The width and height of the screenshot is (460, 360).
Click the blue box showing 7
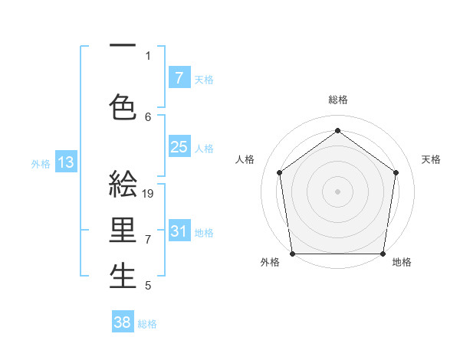(179, 77)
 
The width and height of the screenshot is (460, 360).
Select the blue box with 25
(179, 147)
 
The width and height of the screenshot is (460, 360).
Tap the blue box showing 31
(179, 231)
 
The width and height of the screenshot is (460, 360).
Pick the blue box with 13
(65, 162)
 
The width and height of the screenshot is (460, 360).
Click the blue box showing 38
(123, 322)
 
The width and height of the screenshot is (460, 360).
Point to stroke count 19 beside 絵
(149, 194)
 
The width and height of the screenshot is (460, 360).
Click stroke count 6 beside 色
(148, 116)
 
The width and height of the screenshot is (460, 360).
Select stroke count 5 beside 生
(148, 286)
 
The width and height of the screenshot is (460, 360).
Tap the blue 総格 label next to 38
(147, 324)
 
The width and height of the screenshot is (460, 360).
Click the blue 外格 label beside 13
(41, 163)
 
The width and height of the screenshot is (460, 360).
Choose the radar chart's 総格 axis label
(337, 100)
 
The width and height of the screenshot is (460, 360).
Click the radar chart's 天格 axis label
(431, 159)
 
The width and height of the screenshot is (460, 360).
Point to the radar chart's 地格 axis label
(402, 262)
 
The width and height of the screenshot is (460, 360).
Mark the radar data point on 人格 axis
(280, 172)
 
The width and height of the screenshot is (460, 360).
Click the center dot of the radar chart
(337, 191)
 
